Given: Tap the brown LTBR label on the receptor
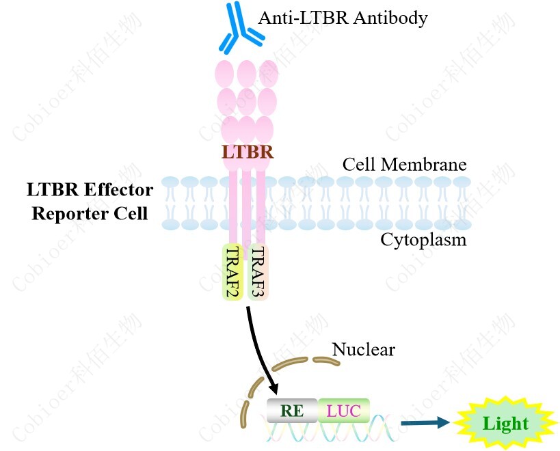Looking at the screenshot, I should (248, 152).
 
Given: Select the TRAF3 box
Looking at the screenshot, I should (258, 272).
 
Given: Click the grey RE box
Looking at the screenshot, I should (292, 410).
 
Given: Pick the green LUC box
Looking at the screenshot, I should (343, 410).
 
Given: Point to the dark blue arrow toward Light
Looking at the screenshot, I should (425, 423).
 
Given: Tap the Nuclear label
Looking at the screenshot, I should (363, 350).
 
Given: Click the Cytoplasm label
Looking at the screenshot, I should (423, 240).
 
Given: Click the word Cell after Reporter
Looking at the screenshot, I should (131, 213).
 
